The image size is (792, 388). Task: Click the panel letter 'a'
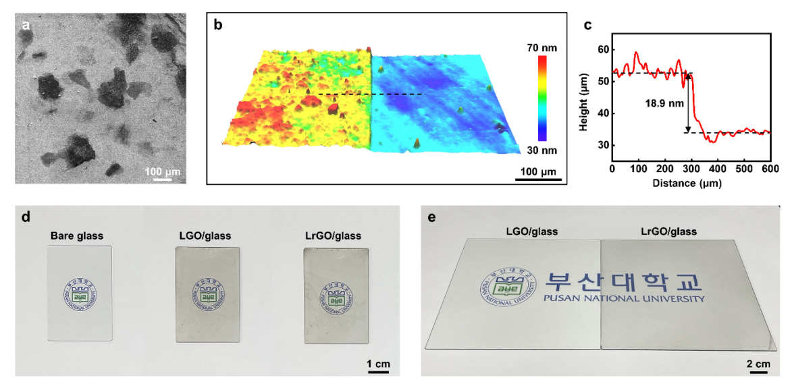coord(26,26)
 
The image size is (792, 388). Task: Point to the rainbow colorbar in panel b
coord(542,98)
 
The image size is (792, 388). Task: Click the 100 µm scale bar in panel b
coord(538,179)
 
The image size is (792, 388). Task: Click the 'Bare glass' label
coord(77,235)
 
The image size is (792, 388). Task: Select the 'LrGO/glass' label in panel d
coord(333,235)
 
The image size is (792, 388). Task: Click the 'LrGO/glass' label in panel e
coord(668,231)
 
